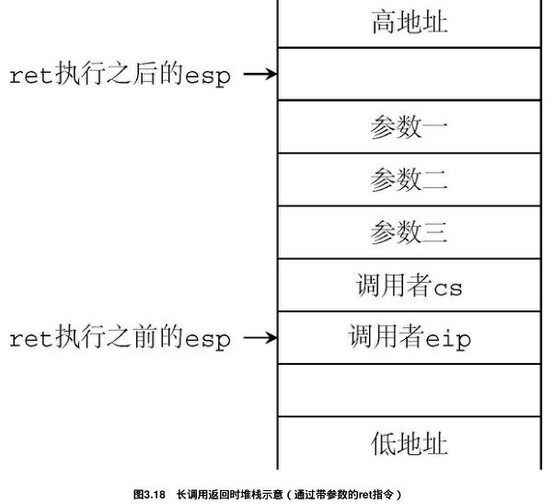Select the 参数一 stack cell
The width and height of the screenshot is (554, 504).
(409, 127)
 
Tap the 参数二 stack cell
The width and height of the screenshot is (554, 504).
(409, 180)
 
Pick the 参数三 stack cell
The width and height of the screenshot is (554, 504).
(409, 232)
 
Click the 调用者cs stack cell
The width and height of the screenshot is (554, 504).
(409, 286)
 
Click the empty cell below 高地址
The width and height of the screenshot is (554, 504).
(409, 74)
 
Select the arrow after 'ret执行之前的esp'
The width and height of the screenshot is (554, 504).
(259, 338)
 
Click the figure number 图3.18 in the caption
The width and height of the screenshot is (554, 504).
(149, 495)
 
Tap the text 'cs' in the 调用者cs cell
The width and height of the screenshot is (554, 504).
(448, 287)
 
